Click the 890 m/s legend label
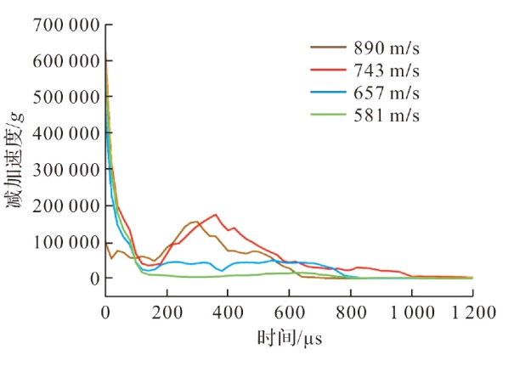pyautogui.click(x=387, y=48)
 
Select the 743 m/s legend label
pyautogui.click(x=387, y=70)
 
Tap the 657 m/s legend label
pyautogui.click(x=387, y=93)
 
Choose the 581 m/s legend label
pyautogui.click(x=387, y=115)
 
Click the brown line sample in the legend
pyautogui.click(x=328, y=48)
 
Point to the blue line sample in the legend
pyautogui.click(x=328, y=92)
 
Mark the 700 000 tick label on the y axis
pyautogui.click(x=66, y=25)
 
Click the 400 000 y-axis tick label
pyautogui.click(x=66, y=133)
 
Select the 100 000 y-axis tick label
pyautogui.click(x=66, y=243)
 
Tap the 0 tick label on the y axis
pyautogui.click(x=95, y=279)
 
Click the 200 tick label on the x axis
pyautogui.click(x=167, y=313)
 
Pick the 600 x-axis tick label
pyautogui.click(x=289, y=313)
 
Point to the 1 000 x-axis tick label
pyautogui.click(x=412, y=313)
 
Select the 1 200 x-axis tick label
pyautogui.click(x=474, y=313)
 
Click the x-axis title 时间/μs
pyautogui.click(x=290, y=338)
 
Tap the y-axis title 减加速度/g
pyautogui.click(x=15, y=160)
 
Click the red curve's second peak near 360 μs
pyautogui.click(x=216, y=215)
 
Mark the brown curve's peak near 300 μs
pyautogui.click(x=196, y=222)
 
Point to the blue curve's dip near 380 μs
pyautogui.click(x=222, y=271)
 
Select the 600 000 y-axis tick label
pyautogui.click(x=66, y=61)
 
